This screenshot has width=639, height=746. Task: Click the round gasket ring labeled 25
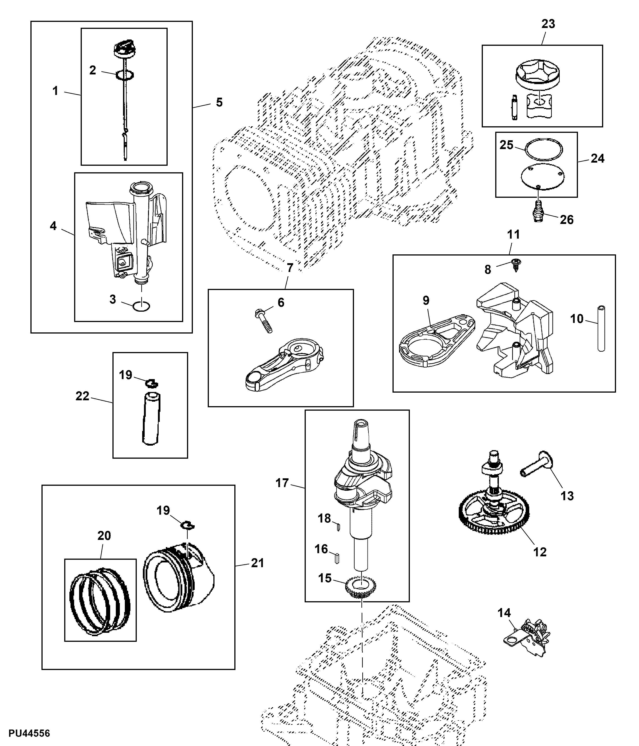point(544,148)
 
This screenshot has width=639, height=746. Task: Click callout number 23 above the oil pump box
point(548,24)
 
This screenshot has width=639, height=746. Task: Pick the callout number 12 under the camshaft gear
point(540,552)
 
